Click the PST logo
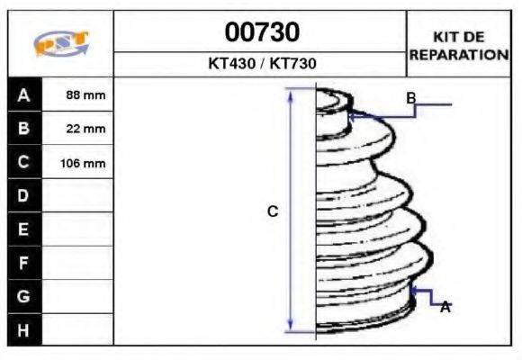click(x=61, y=43)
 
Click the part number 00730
click(x=262, y=32)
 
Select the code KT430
click(x=231, y=64)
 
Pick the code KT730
click(x=293, y=64)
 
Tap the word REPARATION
click(x=459, y=55)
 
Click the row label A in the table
click(x=23, y=95)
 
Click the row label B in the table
click(x=23, y=128)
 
